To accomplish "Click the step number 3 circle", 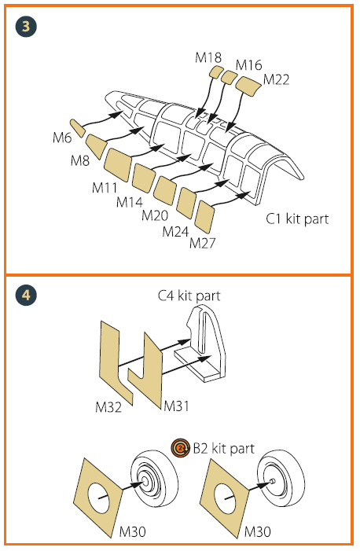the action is coord(26,27).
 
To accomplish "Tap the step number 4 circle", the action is coord(26,295).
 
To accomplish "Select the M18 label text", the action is coord(208,57).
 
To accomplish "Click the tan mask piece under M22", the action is coord(248,86).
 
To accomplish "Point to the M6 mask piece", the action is coord(78,128).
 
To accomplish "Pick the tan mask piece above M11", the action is coord(118,164).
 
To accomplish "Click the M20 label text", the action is coord(155,215).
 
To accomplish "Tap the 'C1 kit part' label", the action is coord(297,219).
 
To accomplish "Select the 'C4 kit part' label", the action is coord(189,296).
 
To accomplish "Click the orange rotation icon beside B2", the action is coord(180,448).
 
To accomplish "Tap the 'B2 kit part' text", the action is coord(223,449).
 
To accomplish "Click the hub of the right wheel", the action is coord(273,481).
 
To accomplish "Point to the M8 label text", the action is coord(80,160).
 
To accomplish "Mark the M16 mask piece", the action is coord(229,77).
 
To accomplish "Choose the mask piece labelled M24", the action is coord(186,203).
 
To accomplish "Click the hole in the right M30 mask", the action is coord(226,497).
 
